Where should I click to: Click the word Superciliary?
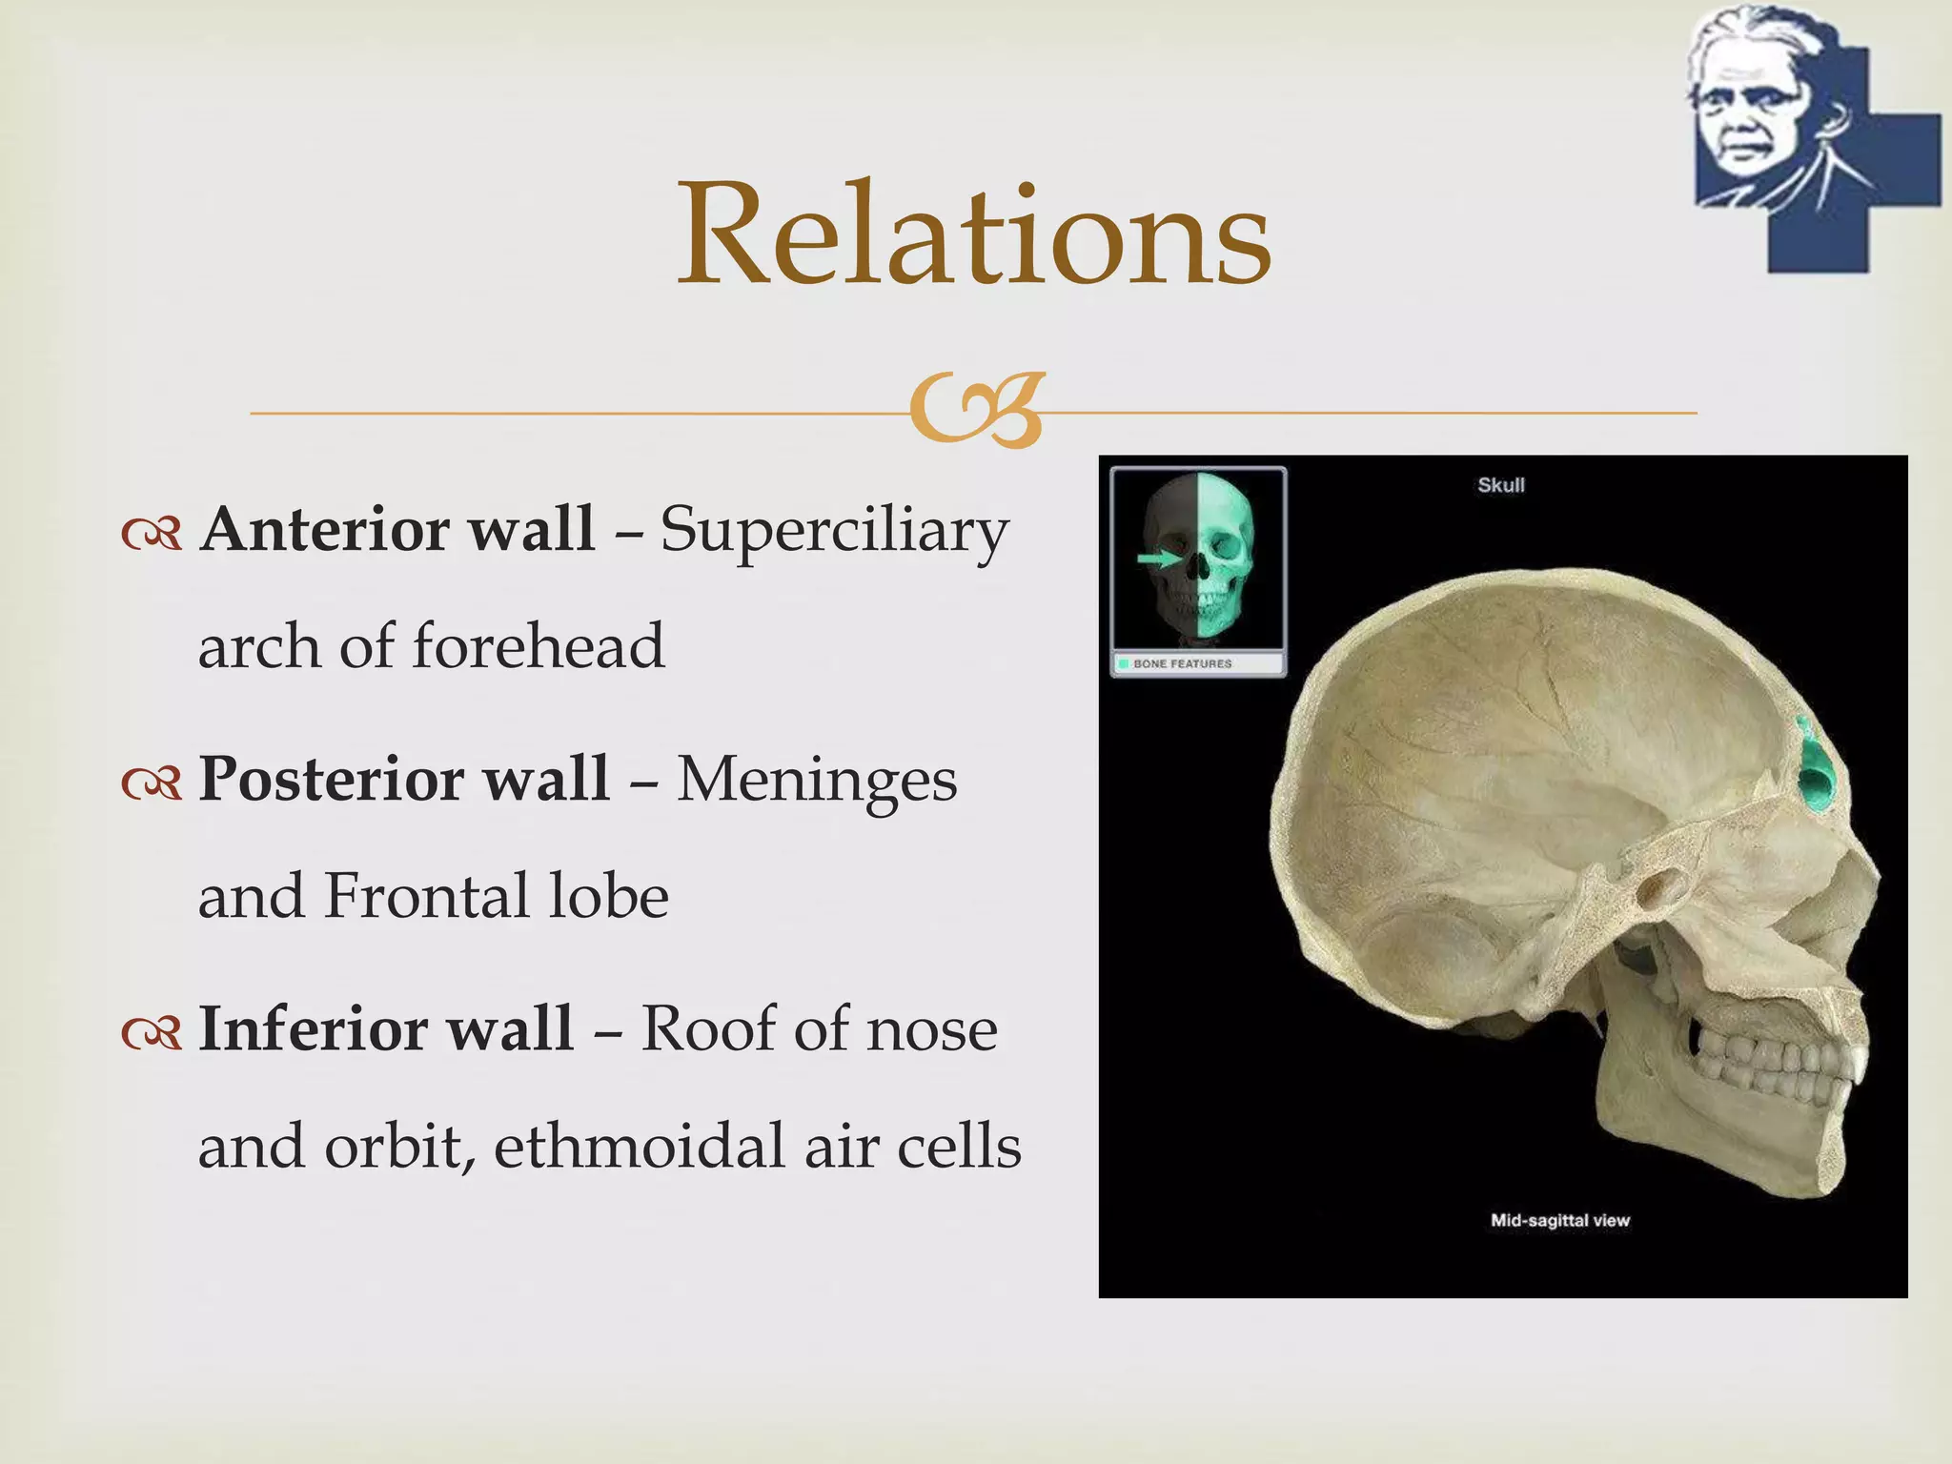[834, 530]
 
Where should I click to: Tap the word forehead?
[539, 647]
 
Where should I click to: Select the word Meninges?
[817, 780]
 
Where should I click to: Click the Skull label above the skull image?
[1500, 485]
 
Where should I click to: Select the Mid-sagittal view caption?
[1559, 1220]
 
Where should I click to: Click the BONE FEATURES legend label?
[1182, 663]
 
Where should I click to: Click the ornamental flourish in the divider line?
[977, 410]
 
